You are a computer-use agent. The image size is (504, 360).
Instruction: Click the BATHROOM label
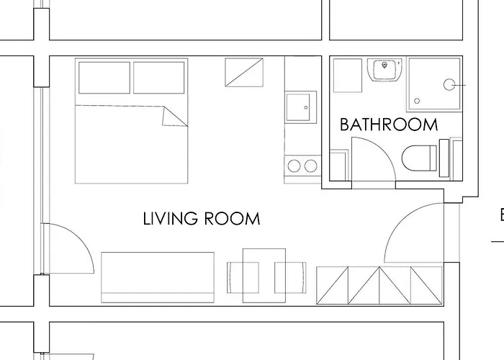point(389,125)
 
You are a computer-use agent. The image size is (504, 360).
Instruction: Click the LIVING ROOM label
point(201,219)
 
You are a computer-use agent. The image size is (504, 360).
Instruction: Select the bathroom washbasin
point(384,70)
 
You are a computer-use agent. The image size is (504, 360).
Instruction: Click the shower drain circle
point(417,101)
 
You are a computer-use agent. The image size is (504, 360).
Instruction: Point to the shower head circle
point(449,85)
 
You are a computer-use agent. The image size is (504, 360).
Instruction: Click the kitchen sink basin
point(298,107)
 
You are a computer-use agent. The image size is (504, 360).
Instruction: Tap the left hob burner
point(294,166)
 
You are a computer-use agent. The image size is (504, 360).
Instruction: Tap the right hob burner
point(311,166)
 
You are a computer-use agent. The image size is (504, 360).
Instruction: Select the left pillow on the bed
point(104,78)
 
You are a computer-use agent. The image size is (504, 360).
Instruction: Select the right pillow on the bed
point(159,78)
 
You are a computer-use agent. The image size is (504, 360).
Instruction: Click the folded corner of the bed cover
point(173,117)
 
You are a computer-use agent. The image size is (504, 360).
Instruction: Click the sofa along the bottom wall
point(158,277)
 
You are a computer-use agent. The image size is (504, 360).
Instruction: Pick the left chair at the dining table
point(243,278)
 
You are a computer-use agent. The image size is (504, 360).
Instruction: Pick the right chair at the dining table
point(290,278)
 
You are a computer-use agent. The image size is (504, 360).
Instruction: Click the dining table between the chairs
point(264,276)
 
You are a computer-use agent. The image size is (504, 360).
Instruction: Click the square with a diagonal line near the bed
point(244,72)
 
